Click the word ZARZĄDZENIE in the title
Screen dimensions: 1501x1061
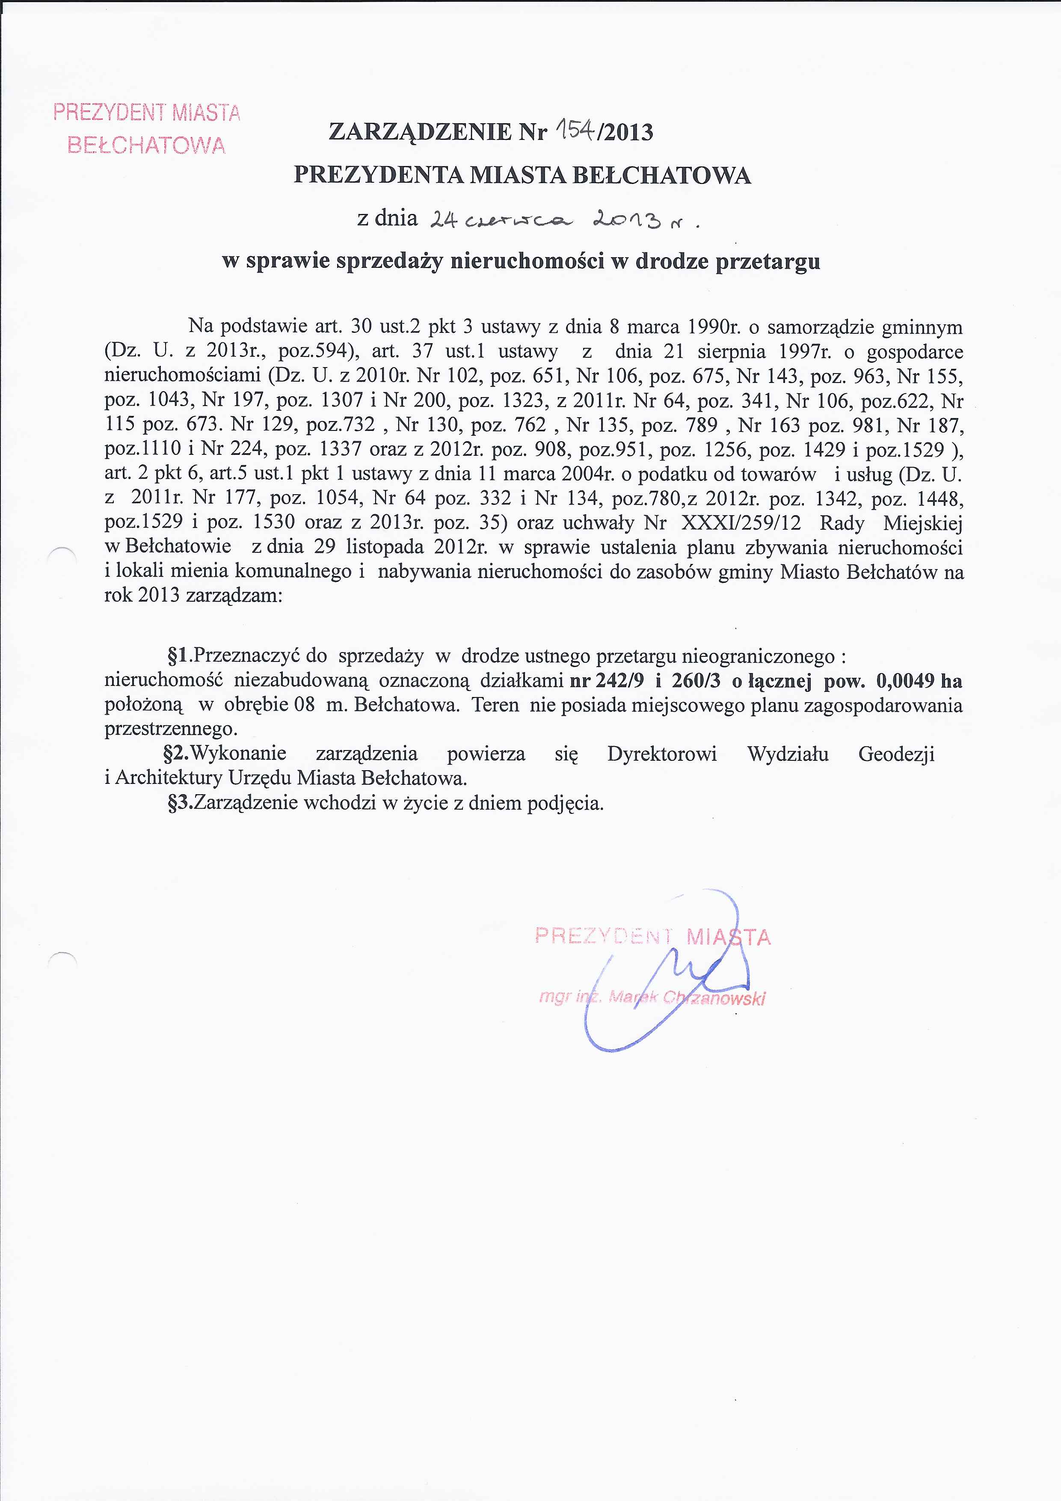coord(420,132)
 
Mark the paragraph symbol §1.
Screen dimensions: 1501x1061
coord(178,656)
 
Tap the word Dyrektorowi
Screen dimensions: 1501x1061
coord(661,754)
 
